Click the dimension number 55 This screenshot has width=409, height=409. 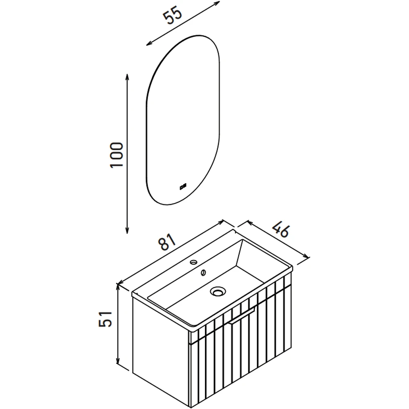coord(173,16)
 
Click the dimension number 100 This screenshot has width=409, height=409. coord(117,155)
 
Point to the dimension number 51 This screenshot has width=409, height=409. coord(105,319)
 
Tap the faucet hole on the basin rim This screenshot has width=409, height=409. coord(194,262)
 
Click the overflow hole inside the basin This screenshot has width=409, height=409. coord(203,273)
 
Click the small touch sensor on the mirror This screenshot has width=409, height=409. coord(183,187)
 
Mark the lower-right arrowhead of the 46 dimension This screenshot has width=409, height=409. coord(306,256)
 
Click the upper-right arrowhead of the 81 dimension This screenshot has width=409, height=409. coord(221,222)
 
